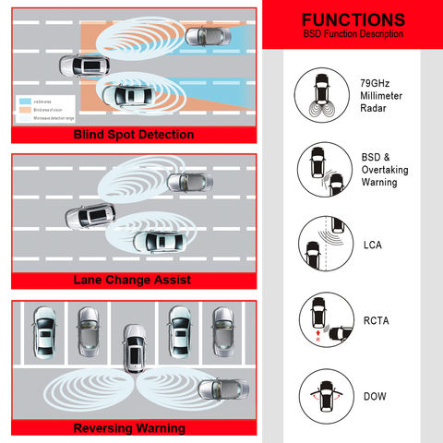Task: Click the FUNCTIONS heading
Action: [x=353, y=18]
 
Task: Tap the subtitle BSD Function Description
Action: [x=353, y=34]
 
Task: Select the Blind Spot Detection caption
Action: [x=134, y=135]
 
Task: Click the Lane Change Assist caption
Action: [x=134, y=279]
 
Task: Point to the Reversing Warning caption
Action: [x=130, y=427]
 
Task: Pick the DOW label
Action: [x=374, y=397]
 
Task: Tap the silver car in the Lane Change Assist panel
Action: [x=187, y=183]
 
